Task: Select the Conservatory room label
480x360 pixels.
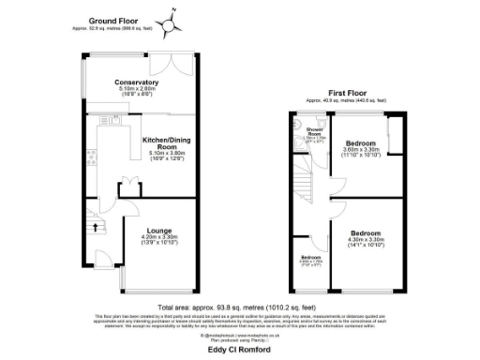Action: coord(136,82)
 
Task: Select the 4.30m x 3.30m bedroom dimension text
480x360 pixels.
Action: coord(367,240)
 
